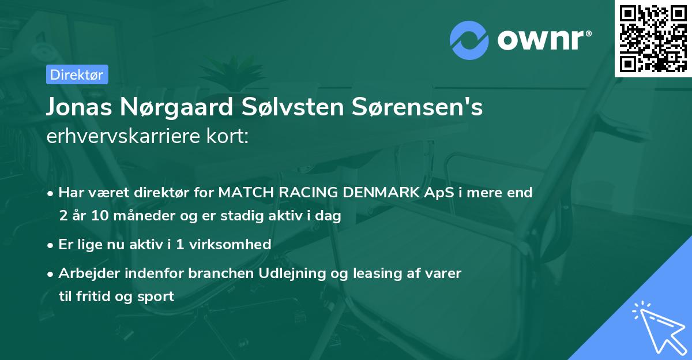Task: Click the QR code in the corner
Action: click(653, 39)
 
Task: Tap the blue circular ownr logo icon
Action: click(470, 40)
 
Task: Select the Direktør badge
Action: click(77, 74)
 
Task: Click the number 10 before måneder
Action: click(92, 216)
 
